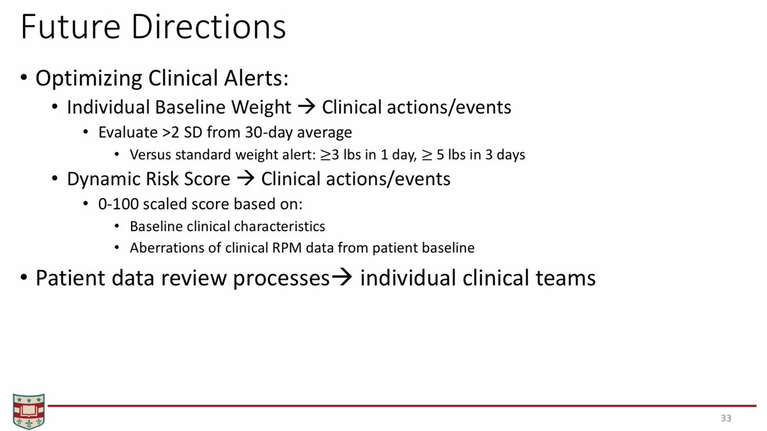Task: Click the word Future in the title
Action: pos(71,27)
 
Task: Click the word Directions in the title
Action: pos(208,27)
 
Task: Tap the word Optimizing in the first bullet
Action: pos(89,79)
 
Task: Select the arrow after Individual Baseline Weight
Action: pos(306,107)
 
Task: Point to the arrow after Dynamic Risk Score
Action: pos(246,179)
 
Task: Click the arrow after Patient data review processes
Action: pos(342,277)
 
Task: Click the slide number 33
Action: pos(726,418)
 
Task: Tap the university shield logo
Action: pos(29,411)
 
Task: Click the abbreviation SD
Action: pos(193,132)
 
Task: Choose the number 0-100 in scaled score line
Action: pos(118,204)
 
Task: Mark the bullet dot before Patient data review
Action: pos(24,278)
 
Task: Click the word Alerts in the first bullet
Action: pos(256,78)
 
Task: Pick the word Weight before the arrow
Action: pos(261,107)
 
